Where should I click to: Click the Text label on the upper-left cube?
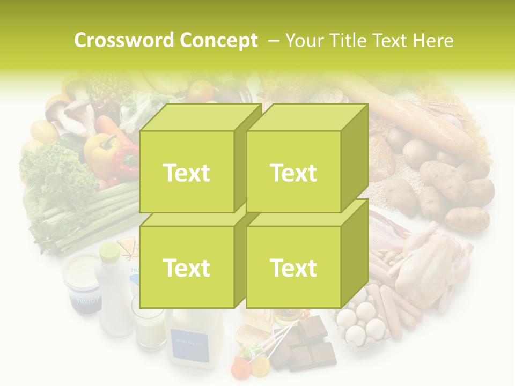(x=187, y=173)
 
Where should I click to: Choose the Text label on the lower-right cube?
(x=293, y=268)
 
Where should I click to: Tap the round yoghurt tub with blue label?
(x=82, y=281)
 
